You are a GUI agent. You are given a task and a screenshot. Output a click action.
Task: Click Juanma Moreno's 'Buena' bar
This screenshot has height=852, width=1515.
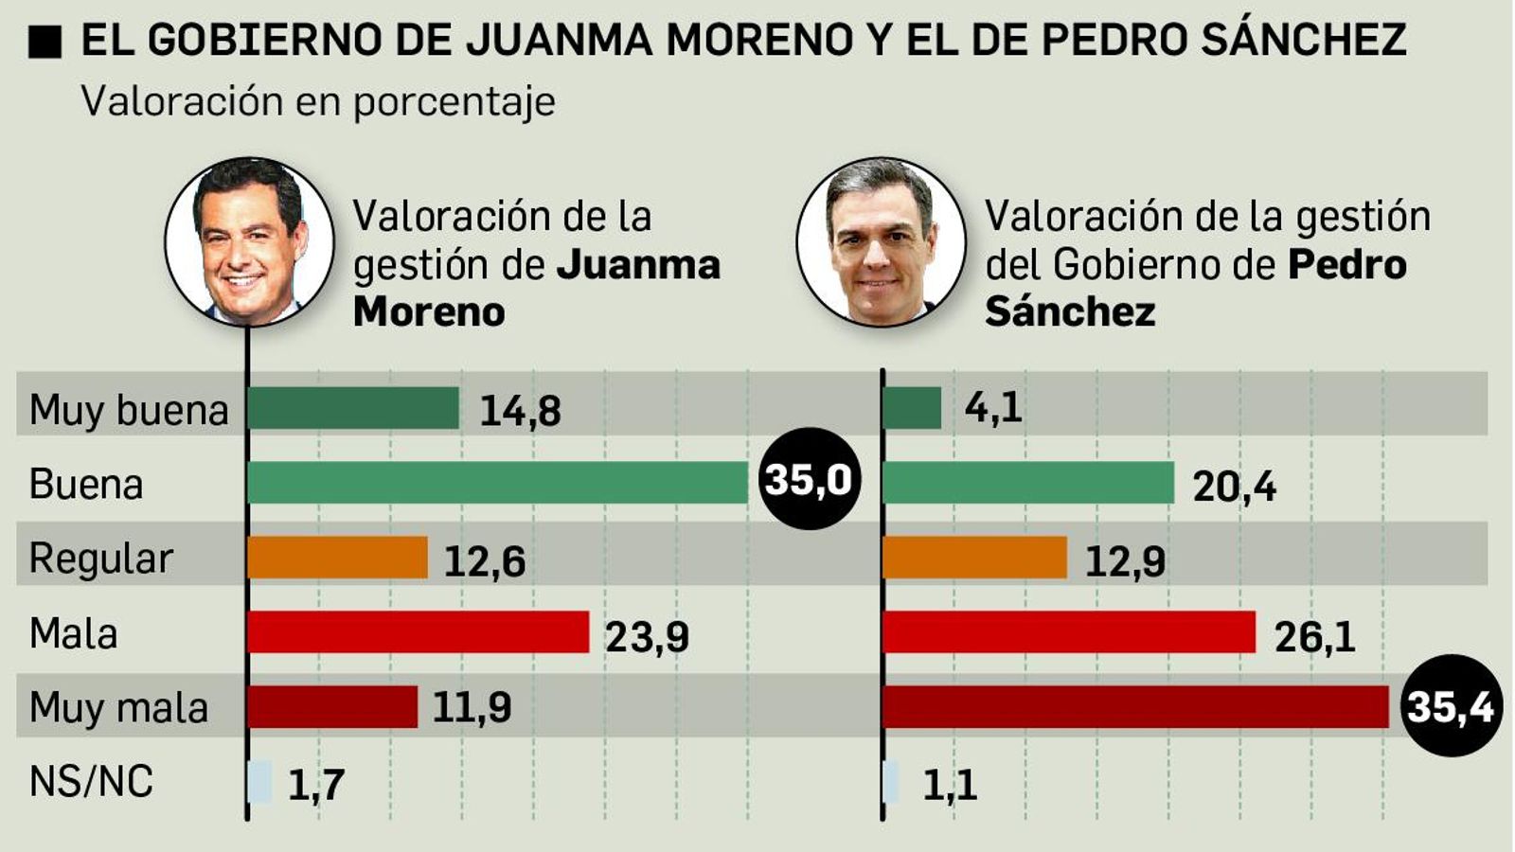[x=497, y=483]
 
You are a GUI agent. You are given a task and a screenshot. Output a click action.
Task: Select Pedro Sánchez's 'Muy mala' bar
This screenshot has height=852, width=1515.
[x=1134, y=707]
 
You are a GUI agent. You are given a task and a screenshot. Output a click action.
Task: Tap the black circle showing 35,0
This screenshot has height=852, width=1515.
[x=809, y=479]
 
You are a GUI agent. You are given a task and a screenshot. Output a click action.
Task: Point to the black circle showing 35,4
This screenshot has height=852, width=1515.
[x=1450, y=706]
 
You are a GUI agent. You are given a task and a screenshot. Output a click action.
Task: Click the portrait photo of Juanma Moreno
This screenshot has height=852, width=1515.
[x=249, y=242]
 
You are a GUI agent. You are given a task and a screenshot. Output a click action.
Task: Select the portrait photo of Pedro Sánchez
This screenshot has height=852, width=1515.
[x=881, y=242]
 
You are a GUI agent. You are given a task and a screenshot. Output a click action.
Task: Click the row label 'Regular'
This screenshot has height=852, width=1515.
[x=100, y=559]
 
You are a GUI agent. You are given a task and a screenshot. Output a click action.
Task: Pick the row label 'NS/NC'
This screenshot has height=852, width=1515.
[x=91, y=782]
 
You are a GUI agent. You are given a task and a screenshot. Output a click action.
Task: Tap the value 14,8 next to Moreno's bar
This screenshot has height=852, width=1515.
[x=520, y=411]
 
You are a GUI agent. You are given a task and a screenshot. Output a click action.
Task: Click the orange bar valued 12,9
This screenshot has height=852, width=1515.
[x=974, y=558]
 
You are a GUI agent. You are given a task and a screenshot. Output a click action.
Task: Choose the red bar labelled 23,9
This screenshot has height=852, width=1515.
[x=418, y=632]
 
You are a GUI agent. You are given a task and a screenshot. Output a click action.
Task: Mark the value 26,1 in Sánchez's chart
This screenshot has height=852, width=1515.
[x=1314, y=637]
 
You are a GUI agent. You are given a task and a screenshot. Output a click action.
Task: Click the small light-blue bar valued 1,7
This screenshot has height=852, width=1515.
[x=259, y=782]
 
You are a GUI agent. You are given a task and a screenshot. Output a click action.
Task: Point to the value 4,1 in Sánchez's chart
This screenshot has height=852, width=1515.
[x=993, y=408]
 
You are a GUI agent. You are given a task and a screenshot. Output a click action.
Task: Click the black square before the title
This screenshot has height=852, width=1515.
[x=45, y=42]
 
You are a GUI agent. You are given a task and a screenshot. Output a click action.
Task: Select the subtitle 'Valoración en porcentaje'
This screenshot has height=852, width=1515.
[x=318, y=101]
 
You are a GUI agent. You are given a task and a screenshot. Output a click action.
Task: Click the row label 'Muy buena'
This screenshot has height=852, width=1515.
[x=129, y=411]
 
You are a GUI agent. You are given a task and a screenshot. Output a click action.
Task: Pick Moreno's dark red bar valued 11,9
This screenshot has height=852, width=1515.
[x=332, y=707]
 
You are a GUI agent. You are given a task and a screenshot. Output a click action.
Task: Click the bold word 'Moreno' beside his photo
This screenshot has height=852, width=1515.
[x=429, y=311]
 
